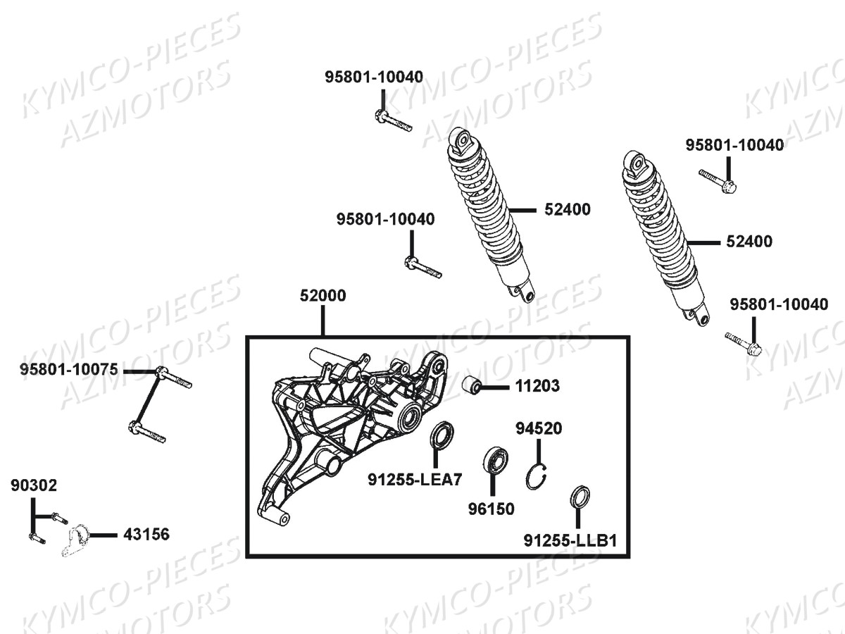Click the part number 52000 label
tap(323, 296)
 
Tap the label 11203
tap(537, 386)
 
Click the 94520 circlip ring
tap(537, 477)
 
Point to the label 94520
tap(539, 428)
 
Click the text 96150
tap(492, 509)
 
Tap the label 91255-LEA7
tap(415, 480)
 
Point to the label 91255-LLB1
tap(570, 541)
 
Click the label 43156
tap(146, 534)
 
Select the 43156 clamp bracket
tap(75, 540)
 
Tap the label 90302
tap(34, 485)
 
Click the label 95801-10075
tap(69, 370)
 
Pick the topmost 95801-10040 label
tap(374, 77)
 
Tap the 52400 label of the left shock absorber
tap(568, 209)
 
